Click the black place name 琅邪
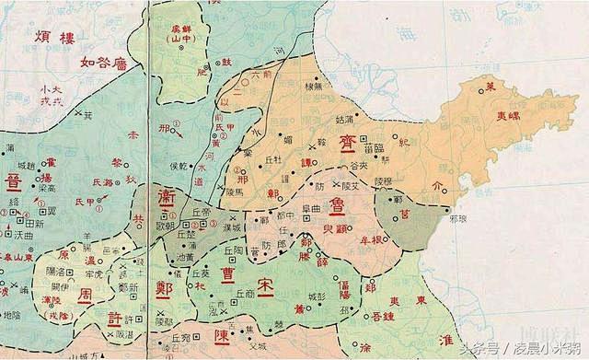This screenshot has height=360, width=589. [461, 220]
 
